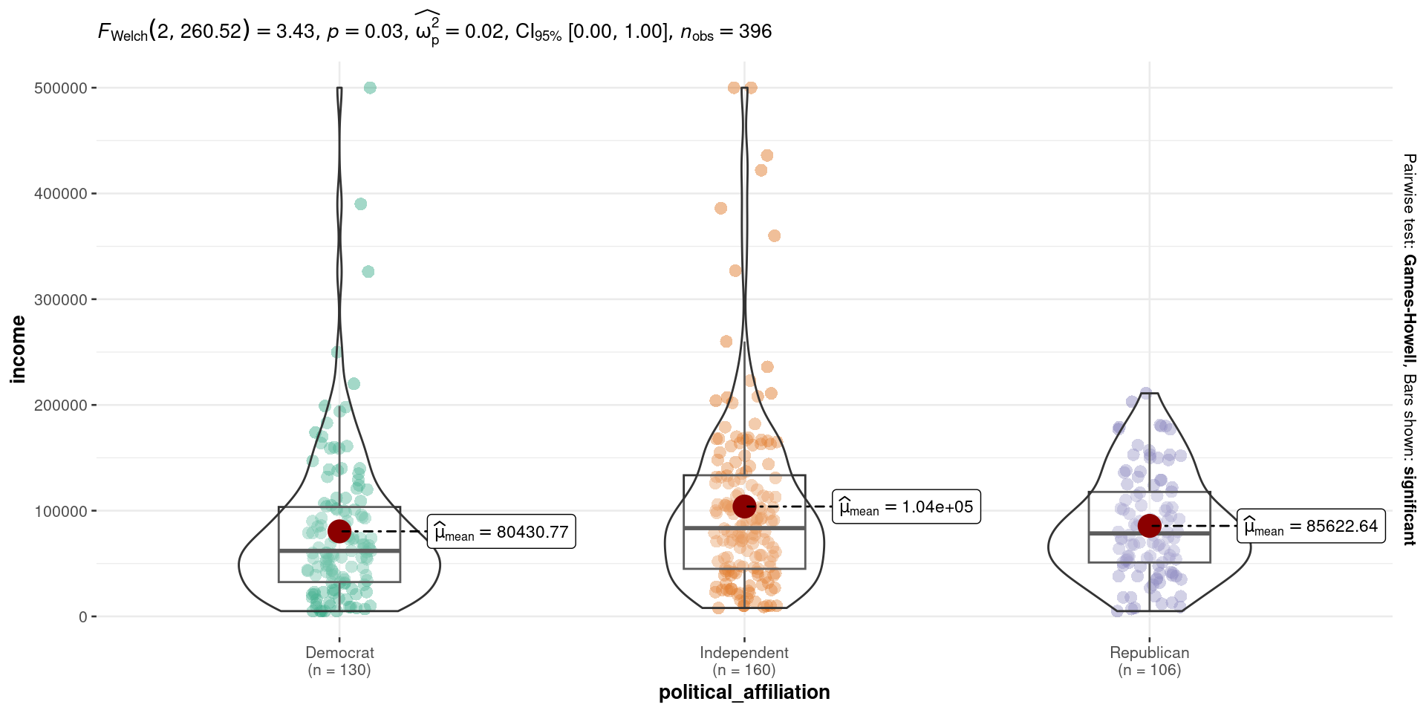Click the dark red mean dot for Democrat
click(x=339, y=531)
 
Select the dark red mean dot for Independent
click(x=744, y=507)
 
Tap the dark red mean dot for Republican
click(x=1149, y=526)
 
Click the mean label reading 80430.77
click(x=501, y=532)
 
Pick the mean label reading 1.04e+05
click(x=906, y=507)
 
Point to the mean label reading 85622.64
click(x=1311, y=527)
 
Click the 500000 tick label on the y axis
click(x=61, y=88)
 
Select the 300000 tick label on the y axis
click(x=61, y=300)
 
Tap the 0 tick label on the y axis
click(x=83, y=617)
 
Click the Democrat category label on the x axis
click(x=339, y=653)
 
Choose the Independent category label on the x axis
click(x=744, y=653)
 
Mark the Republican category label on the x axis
click(x=1149, y=653)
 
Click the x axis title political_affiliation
click(x=744, y=692)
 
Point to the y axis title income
click(x=19, y=349)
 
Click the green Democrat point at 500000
click(x=370, y=88)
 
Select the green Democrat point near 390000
click(x=360, y=204)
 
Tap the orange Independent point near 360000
click(x=774, y=236)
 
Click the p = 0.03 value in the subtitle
click(x=364, y=31)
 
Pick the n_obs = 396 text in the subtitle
click(x=726, y=31)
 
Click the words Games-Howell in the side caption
click(x=1409, y=309)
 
